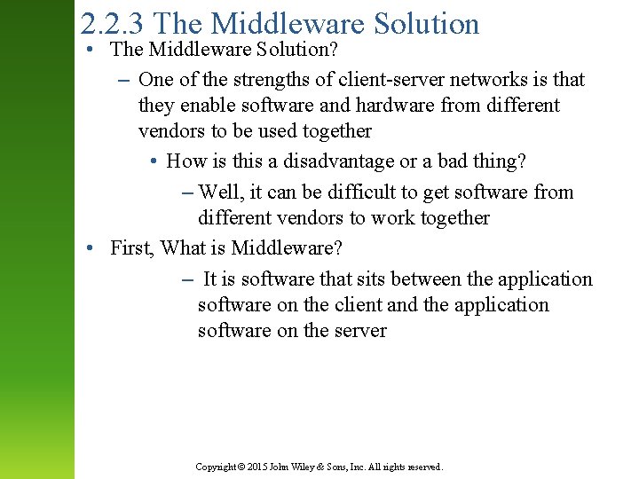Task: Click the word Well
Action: [x=219, y=192]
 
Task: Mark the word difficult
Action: [x=367, y=192]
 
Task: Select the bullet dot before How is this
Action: [x=154, y=162]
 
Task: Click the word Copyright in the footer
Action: [x=215, y=467]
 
